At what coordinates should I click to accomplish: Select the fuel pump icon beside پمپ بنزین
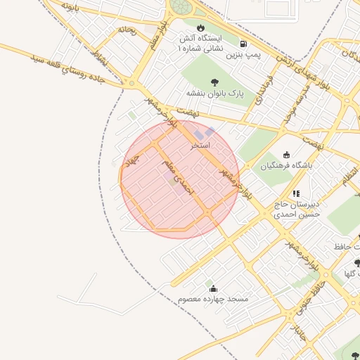tap(243, 42)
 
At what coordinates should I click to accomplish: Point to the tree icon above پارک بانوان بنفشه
tap(214, 82)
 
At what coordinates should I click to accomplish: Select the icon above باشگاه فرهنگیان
tap(285, 155)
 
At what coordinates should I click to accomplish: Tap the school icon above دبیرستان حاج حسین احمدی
tap(296, 193)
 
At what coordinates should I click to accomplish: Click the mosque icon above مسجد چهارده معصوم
tap(213, 289)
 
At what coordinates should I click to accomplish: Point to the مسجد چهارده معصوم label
tap(213, 300)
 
